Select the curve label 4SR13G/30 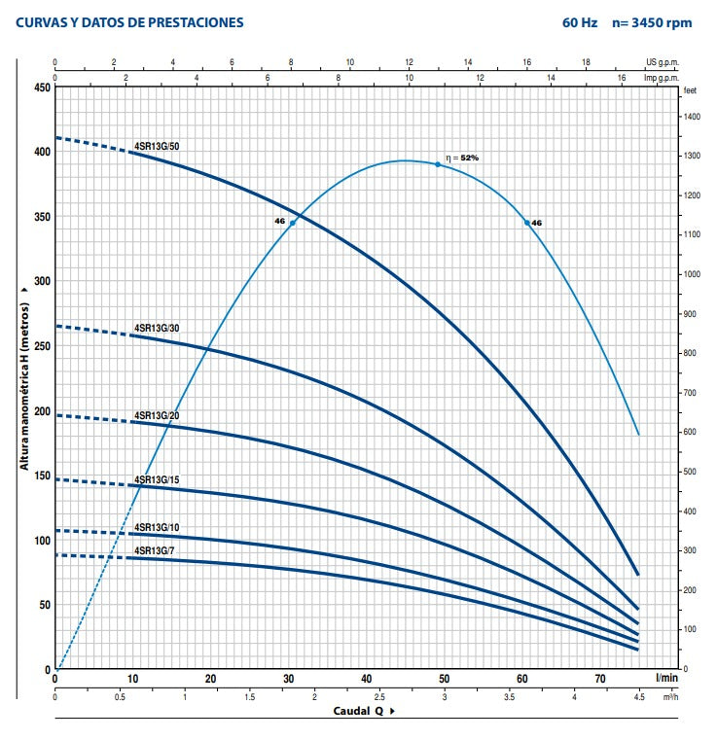coord(157,328)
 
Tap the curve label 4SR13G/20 coord(157,415)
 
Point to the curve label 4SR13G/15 coord(157,479)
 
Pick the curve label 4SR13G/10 coord(157,527)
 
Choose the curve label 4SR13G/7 coord(155,550)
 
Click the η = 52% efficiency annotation coord(462,158)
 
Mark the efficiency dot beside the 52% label coord(438,164)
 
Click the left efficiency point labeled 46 coord(292,223)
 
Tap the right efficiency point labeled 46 coord(527,223)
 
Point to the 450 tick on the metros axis coord(43,88)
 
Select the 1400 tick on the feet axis coord(692,117)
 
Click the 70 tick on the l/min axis coord(600,679)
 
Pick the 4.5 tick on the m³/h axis coord(639,697)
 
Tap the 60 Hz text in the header coord(580,22)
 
